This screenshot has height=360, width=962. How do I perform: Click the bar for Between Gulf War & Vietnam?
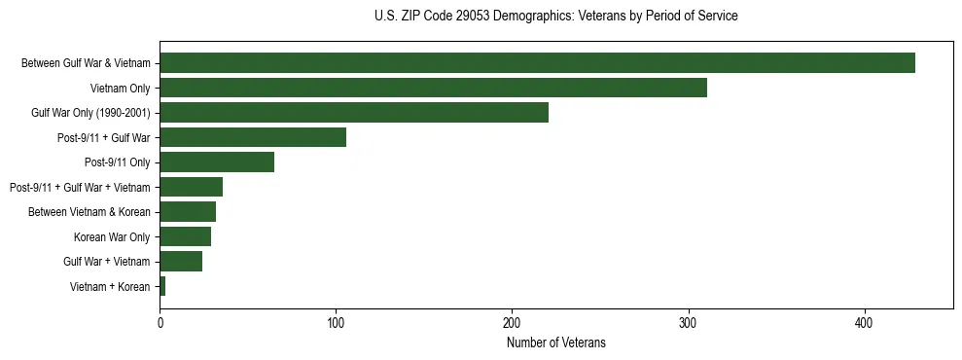click(x=537, y=63)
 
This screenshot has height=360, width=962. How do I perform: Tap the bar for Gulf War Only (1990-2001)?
click(x=354, y=113)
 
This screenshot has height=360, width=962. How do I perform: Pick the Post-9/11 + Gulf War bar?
click(x=253, y=137)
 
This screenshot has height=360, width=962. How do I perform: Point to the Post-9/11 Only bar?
click(x=217, y=162)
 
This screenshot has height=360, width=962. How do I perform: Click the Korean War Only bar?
click(x=185, y=236)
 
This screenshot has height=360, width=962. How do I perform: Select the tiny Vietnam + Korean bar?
click(x=162, y=286)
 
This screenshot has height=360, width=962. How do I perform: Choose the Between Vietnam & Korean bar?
click(x=188, y=212)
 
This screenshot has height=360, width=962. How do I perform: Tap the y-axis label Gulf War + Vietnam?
click(x=107, y=262)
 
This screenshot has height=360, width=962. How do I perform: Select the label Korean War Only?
click(x=112, y=236)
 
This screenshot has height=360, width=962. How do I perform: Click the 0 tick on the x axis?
click(x=160, y=322)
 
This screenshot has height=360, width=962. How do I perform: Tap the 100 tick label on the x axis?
click(x=336, y=322)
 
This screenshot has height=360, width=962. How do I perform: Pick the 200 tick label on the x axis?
click(x=512, y=322)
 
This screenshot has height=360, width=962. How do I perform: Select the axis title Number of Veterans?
click(x=555, y=342)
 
